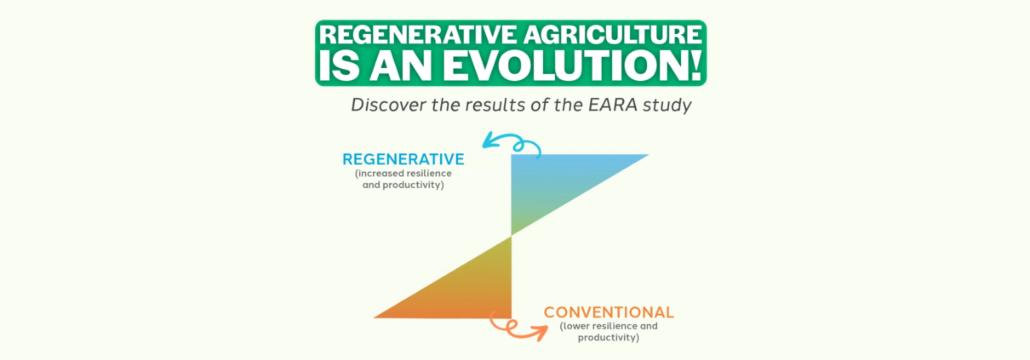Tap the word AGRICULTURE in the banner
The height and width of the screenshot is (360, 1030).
pos(613,35)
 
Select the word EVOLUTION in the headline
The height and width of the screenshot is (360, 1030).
pos(563,66)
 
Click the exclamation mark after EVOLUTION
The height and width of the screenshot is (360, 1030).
pos(694,66)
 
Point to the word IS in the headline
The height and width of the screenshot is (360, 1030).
pos(340,66)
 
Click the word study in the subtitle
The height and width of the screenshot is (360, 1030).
pos(667,106)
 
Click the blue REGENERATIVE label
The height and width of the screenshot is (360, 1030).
pos(403,159)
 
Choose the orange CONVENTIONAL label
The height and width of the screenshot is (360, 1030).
pos(609,312)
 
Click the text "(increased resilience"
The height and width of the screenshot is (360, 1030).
pos(403,174)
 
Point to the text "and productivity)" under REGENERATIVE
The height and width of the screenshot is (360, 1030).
pos(403,186)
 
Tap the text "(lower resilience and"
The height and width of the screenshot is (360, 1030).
pos(609,327)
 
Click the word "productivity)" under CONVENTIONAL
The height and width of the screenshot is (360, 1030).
pos(609,338)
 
